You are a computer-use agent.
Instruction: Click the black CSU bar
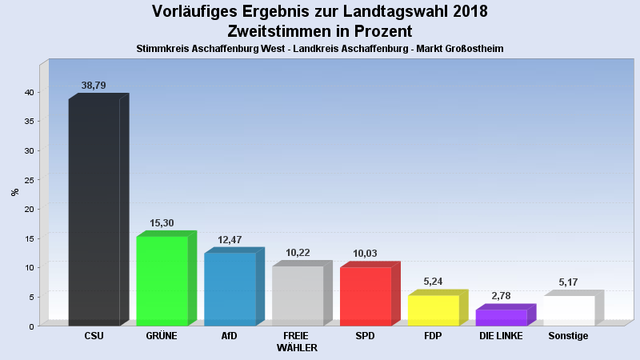point(94,212)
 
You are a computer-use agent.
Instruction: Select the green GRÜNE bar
point(162,281)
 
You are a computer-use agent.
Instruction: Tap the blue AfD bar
point(230,289)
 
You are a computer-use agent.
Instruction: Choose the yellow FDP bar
point(433,310)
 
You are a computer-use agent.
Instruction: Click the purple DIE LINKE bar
point(501,318)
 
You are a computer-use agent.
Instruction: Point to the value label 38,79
point(94,85)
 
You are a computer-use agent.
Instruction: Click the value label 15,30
point(162,223)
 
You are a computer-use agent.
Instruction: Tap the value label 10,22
point(298,253)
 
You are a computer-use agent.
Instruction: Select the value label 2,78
point(501,296)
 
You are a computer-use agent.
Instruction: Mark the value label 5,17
point(569,282)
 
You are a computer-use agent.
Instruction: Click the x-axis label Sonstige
point(568,336)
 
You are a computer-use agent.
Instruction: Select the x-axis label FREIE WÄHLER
point(297,342)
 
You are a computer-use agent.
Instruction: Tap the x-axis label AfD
point(229,336)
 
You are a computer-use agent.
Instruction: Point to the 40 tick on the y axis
point(29,92)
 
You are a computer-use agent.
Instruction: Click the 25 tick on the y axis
point(29,180)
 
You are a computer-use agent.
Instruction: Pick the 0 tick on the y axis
point(31,326)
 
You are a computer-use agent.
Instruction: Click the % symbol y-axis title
point(14,192)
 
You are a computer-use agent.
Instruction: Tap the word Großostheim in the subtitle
point(468,49)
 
